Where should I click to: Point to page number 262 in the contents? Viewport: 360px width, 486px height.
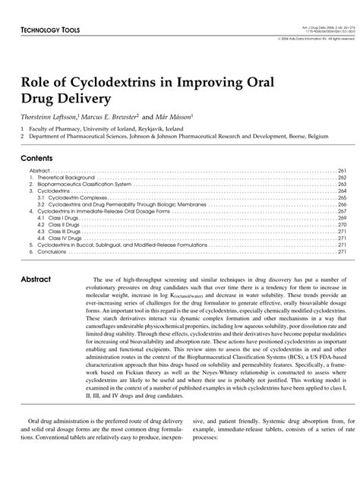[x=342, y=177]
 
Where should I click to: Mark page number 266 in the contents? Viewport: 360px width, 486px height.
[x=342, y=203]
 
